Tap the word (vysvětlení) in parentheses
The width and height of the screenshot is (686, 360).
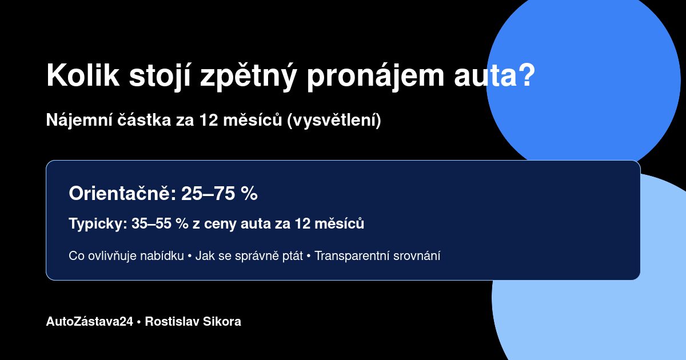[334, 121]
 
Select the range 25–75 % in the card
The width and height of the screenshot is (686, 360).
[220, 194]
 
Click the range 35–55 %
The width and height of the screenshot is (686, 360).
[160, 224]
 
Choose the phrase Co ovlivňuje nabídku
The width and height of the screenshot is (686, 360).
[126, 256]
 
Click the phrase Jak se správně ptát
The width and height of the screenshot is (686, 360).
[249, 256]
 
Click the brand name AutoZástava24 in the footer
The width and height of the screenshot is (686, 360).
[90, 322]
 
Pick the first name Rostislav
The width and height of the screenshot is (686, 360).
[169, 322]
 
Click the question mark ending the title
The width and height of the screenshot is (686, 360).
[525, 75]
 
